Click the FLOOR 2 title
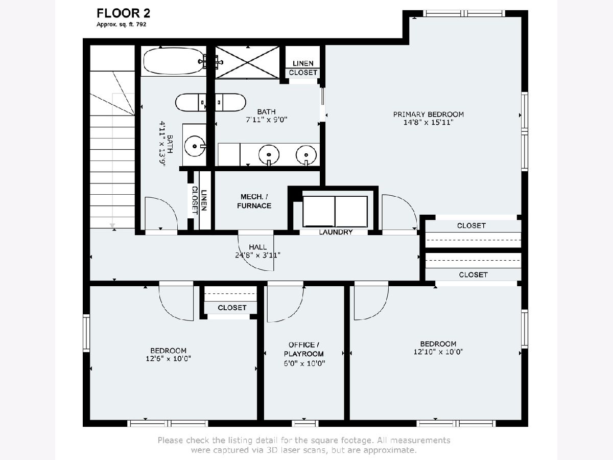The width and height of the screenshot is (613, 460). click(x=123, y=13)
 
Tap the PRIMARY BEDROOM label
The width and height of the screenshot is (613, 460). click(x=428, y=114)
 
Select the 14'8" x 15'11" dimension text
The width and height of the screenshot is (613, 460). click(x=428, y=122)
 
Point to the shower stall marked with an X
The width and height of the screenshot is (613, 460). click(x=247, y=62)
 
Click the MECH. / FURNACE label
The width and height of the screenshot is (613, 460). click(x=254, y=201)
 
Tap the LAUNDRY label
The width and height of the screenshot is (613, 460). click(x=336, y=232)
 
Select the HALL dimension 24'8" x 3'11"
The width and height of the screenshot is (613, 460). click(x=257, y=255)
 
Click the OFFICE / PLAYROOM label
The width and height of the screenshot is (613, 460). click(x=304, y=349)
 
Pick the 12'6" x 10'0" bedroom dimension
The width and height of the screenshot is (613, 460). click(x=168, y=359)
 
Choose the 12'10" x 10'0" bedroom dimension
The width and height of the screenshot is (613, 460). click(x=438, y=352)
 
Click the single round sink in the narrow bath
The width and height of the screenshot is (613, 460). click(x=195, y=146)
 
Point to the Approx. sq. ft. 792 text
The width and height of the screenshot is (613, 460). click(x=121, y=25)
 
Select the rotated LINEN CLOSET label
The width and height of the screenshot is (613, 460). click(x=199, y=200)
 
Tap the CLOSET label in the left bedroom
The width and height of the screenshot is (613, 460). click(x=232, y=308)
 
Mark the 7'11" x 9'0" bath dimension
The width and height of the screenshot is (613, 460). click(x=267, y=120)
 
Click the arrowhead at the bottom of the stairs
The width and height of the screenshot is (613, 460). click(x=112, y=225)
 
